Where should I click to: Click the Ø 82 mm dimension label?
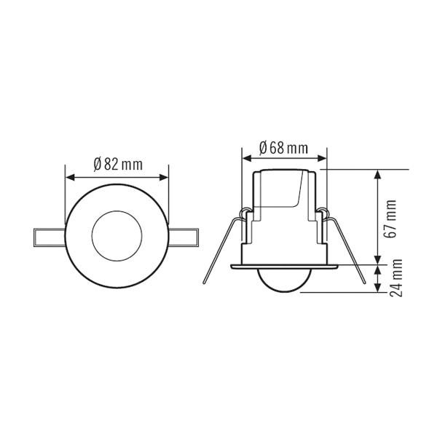tap(117, 164)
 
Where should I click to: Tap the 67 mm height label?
tap(391, 219)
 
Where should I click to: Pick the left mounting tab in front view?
tap(50, 236)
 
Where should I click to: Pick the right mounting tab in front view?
tap(184, 236)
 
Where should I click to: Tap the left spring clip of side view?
tap(222, 244)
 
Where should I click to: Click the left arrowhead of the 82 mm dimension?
tap(68, 176)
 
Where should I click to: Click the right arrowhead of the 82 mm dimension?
tap(165, 176)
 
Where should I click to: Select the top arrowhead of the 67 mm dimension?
tap(377, 173)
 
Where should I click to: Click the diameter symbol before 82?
tap(97, 164)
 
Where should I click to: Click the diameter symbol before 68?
tap(264, 148)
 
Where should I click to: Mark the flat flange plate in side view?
tap(284, 267)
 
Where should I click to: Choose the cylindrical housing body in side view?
tap(284, 211)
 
